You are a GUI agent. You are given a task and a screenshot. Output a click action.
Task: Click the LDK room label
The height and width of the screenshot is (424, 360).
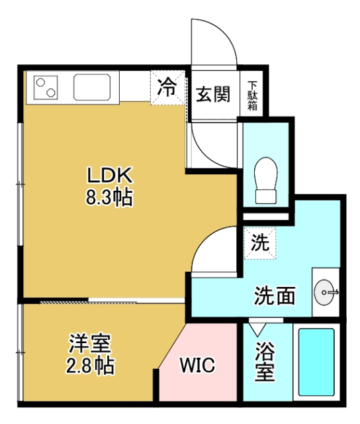(111, 176)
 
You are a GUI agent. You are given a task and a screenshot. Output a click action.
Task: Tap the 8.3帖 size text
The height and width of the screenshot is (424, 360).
(111, 197)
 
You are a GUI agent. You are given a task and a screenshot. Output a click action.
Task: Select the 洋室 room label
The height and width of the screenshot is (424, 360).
(91, 344)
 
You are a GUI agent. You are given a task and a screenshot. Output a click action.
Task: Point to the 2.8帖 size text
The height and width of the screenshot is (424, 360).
(91, 365)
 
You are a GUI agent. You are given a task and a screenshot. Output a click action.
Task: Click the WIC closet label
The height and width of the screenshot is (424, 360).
(197, 366)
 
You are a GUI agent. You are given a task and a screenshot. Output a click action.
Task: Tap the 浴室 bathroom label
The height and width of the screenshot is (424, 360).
(265, 361)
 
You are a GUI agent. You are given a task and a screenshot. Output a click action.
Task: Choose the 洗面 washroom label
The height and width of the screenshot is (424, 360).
(275, 296)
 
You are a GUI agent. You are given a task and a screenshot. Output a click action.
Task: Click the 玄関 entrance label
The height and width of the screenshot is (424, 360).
(213, 93)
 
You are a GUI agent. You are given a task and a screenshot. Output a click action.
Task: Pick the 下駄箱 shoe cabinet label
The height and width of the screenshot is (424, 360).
(253, 94)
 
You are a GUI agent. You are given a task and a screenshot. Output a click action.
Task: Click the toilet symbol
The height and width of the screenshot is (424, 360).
(265, 180)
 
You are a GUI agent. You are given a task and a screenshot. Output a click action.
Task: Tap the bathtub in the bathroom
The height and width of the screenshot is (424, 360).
(316, 362)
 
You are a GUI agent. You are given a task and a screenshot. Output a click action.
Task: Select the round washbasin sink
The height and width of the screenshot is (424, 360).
(326, 290)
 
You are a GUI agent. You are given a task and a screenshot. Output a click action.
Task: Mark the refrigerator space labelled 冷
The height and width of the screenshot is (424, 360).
(167, 87)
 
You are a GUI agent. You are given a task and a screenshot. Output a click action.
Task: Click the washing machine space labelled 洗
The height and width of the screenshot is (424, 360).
(260, 242)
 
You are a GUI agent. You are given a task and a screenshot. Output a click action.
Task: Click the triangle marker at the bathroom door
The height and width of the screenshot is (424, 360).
(256, 327)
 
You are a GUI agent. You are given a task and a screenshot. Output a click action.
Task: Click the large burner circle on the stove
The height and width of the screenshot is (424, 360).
(48, 92)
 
